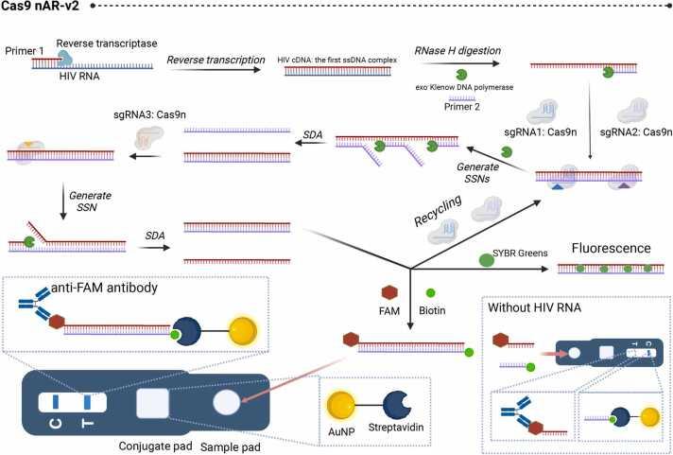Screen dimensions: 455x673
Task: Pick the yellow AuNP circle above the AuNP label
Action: pos(339,398)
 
